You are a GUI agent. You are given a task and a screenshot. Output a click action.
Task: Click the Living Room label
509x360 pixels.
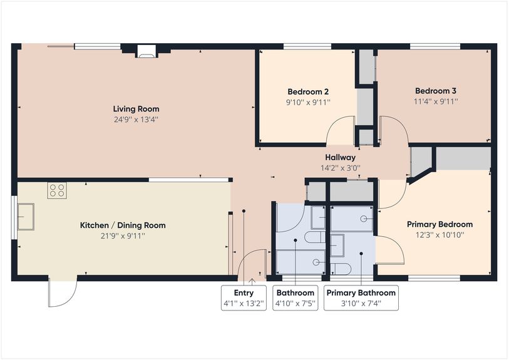tap(136, 108)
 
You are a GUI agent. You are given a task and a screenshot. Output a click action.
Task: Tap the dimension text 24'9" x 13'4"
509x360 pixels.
tap(136, 119)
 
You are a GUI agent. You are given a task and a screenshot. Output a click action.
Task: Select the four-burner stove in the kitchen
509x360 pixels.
tap(57, 190)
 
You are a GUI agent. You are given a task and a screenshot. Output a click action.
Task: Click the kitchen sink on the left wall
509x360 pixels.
tap(26, 217)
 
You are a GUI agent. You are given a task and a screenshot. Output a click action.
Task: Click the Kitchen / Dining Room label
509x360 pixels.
tap(123, 225)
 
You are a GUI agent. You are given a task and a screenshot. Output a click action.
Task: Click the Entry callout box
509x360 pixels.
tap(244, 298)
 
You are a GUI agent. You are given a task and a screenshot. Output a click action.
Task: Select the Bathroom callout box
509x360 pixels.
tap(295, 298)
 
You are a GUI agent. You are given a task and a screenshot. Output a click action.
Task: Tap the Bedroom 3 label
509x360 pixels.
tap(436, 90)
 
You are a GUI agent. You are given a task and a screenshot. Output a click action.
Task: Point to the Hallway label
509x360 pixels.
tap(340, 158)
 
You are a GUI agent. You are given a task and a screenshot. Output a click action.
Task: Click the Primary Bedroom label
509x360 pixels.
tap(440, 224)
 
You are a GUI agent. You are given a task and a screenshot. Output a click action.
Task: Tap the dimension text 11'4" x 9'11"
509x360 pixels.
tap(436, 101)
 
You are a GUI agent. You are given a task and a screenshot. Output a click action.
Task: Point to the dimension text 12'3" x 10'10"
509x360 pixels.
tap(440, 235)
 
